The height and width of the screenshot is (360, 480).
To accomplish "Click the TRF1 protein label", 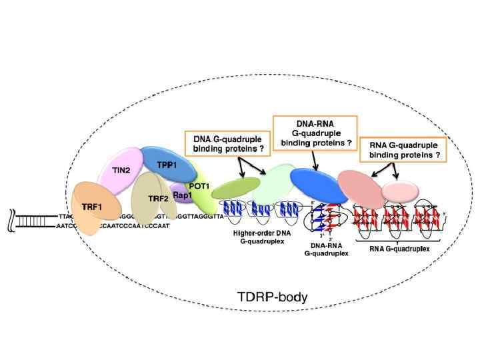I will point(91,207).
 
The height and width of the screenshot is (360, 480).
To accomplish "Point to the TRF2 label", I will point(157,198).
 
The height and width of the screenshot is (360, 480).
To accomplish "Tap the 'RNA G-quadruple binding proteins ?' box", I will point(401,150).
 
